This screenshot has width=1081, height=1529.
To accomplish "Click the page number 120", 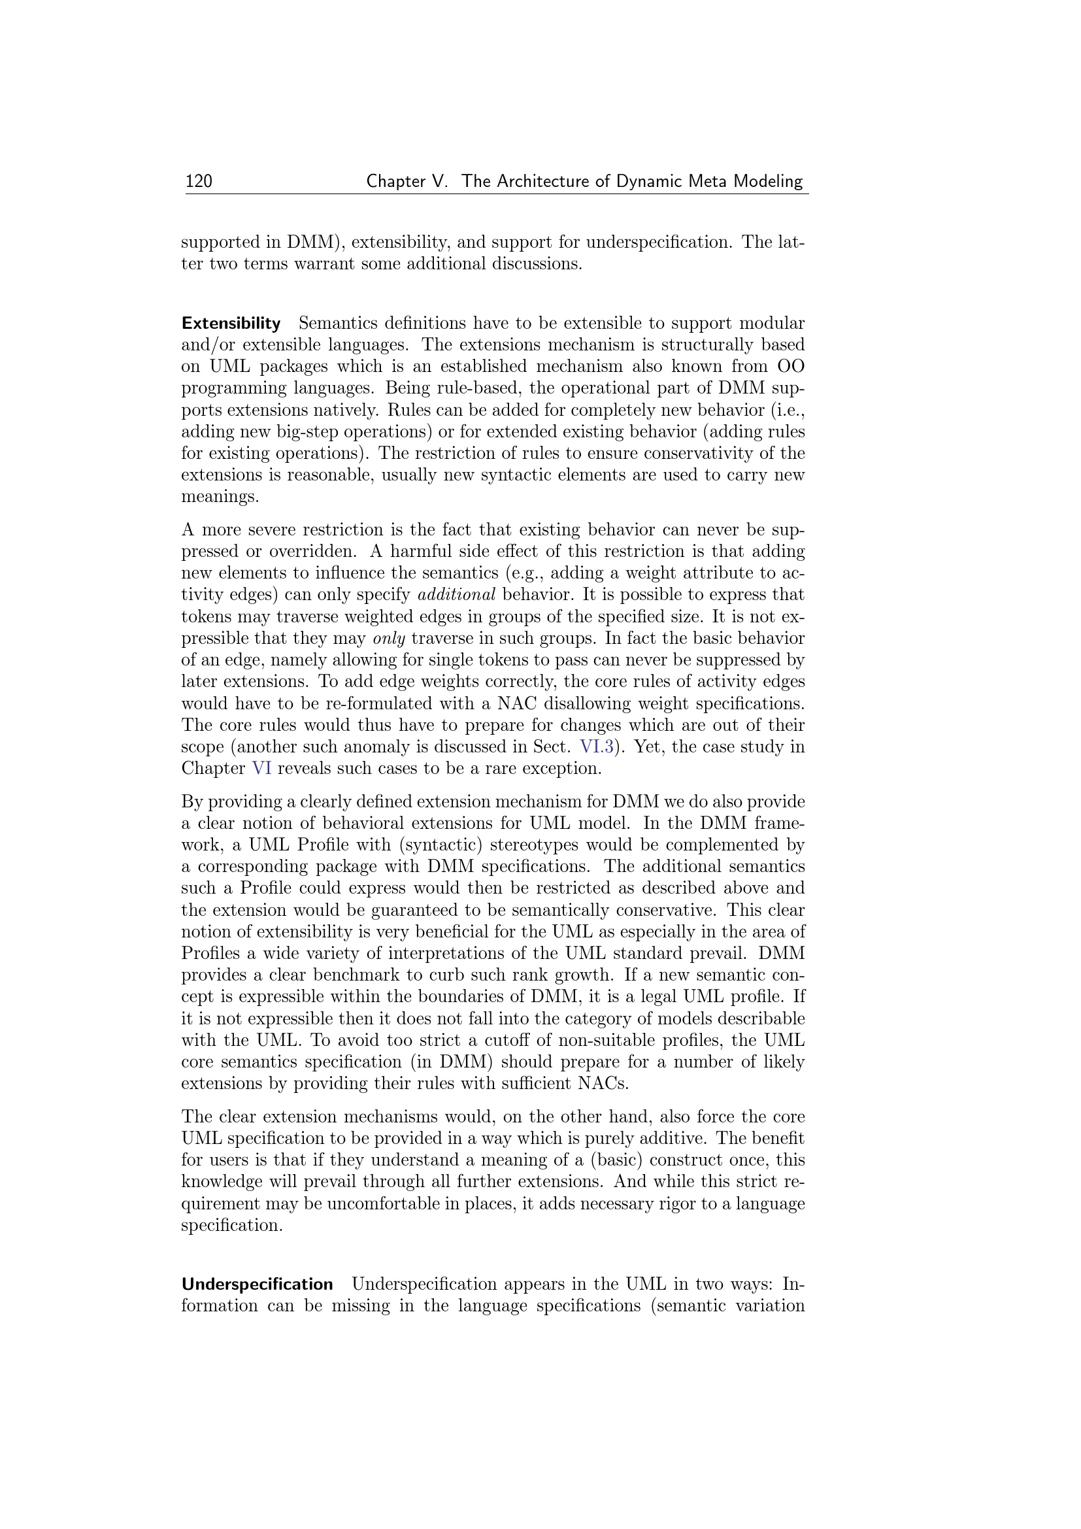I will click(x=199, y=181).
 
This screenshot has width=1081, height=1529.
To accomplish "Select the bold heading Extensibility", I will click(x=231, y=324).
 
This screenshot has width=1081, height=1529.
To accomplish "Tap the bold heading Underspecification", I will click(x=257, y=1284).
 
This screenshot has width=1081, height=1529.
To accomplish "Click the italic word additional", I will click(x=456, y=595).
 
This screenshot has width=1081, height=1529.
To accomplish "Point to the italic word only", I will click(x=389, y=639).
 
